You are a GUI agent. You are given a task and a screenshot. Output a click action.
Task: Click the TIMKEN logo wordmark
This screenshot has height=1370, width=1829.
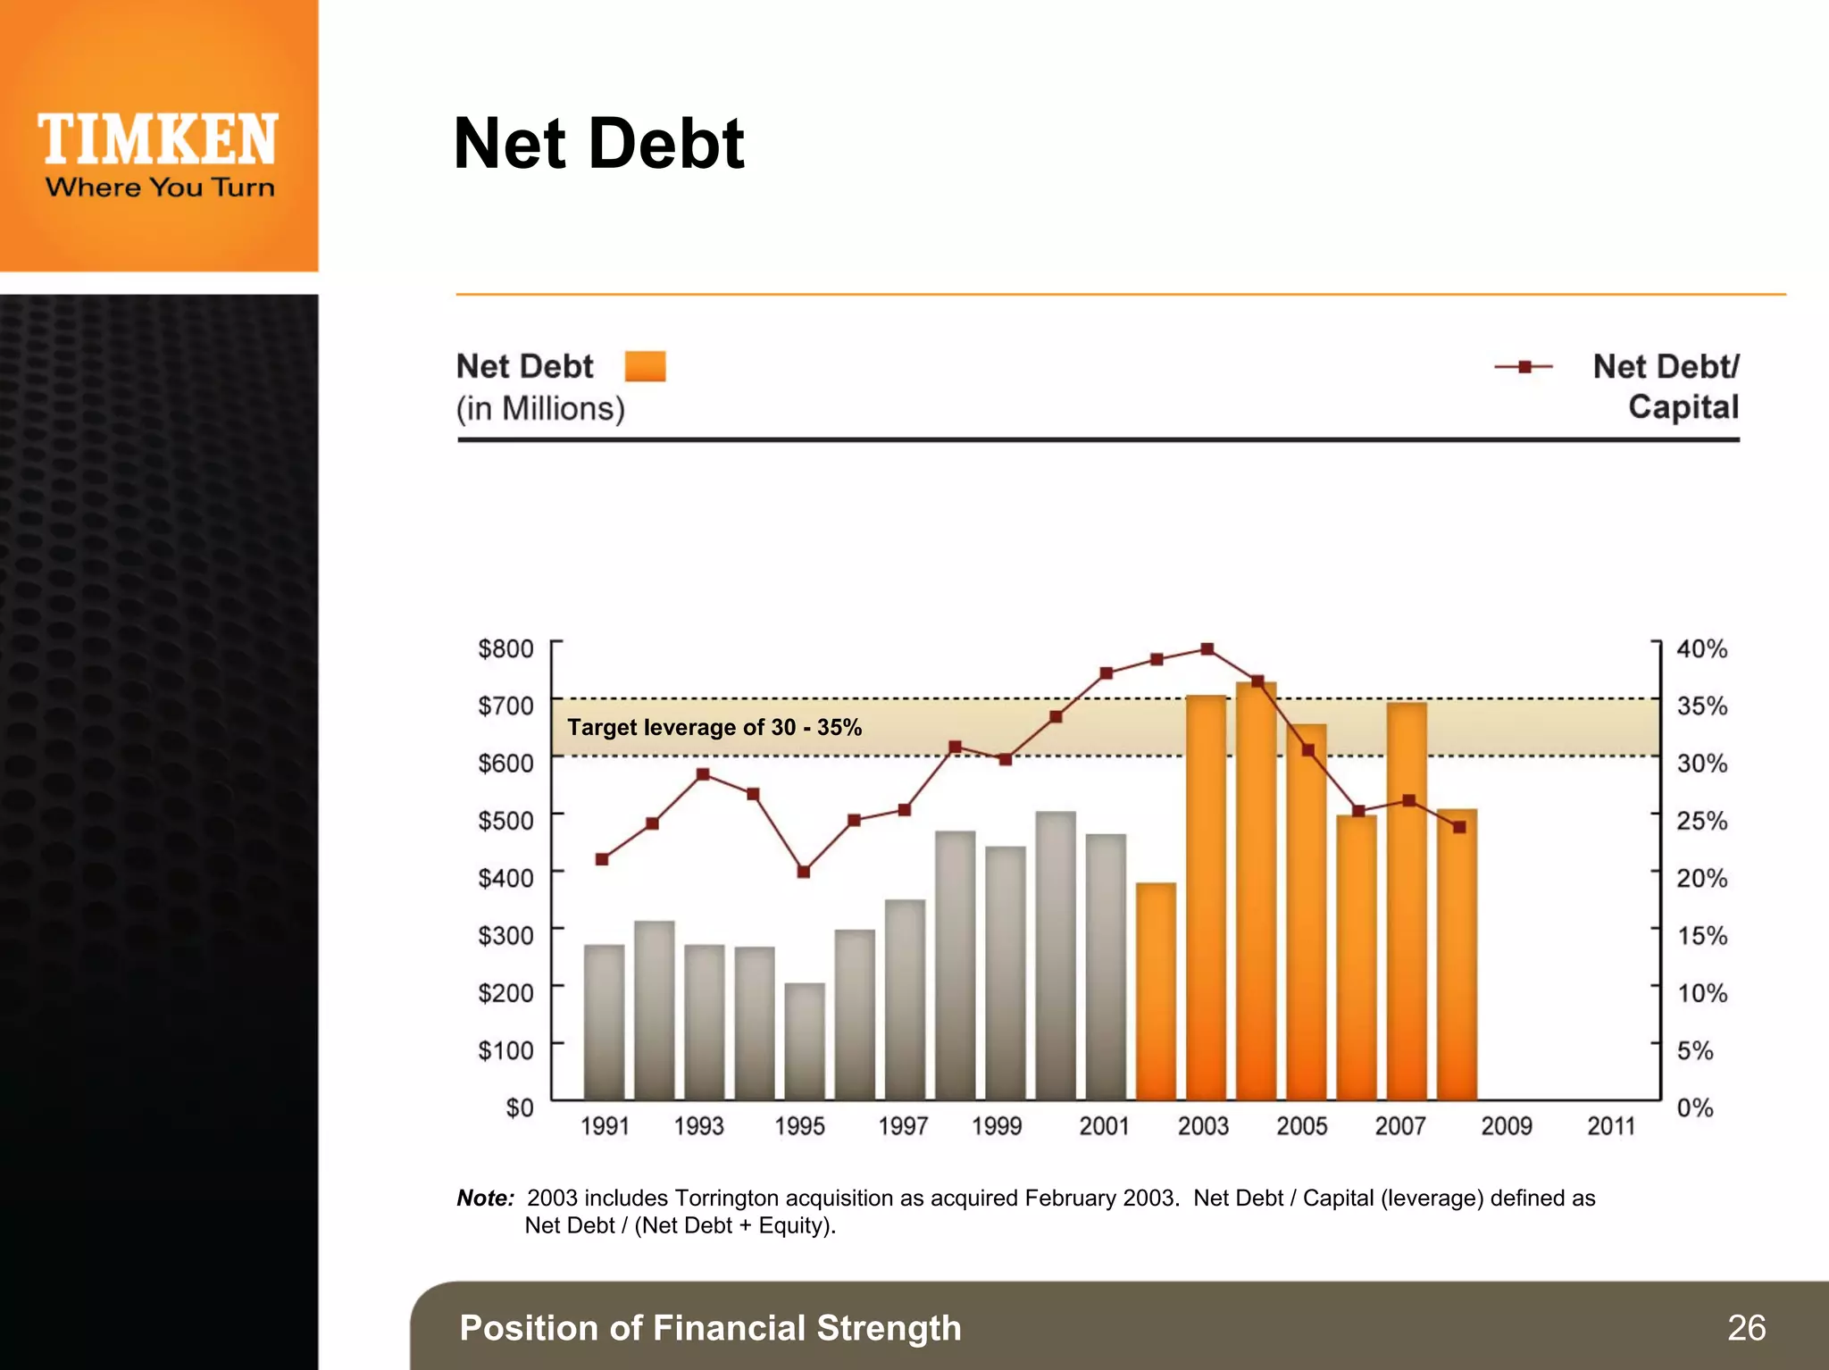(158, 140)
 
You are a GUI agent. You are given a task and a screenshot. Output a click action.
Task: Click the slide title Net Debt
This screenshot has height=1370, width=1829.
(598, 144)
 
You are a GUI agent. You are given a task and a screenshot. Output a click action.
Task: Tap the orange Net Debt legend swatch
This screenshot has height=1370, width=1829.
(645, 366)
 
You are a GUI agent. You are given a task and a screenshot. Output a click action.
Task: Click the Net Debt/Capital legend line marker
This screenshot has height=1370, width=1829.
(1524, 366)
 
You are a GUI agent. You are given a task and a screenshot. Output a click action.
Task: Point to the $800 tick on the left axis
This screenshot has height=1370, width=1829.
(505, 647)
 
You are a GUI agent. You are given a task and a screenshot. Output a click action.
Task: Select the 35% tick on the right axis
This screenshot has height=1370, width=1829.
(1701, 706)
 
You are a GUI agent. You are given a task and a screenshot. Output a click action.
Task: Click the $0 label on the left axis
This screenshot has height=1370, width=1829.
(519, 1107)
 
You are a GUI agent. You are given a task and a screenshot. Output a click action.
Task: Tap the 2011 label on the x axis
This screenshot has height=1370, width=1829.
(1610, 1126)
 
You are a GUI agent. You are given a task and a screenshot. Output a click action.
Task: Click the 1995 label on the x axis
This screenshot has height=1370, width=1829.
(799, 1126)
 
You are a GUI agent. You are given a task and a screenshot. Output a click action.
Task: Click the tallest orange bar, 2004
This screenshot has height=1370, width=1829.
(1256, 893)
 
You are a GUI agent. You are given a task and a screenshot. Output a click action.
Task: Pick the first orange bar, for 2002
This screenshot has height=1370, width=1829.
(1156, 991)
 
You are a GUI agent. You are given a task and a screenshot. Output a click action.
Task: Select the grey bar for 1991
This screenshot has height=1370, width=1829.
(604, 1023)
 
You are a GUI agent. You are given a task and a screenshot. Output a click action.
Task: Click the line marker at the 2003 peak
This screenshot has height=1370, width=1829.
(1207, 649)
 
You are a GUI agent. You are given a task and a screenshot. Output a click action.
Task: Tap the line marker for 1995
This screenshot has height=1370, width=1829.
(804, 872)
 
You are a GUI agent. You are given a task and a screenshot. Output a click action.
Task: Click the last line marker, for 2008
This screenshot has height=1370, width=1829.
(1459, 827)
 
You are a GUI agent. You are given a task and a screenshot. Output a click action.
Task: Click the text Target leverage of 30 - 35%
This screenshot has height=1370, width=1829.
(714, 727)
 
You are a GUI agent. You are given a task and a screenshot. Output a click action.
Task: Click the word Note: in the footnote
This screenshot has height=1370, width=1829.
(485, 1198)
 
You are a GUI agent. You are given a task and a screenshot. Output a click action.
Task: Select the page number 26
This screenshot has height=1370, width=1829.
(1746, 1328)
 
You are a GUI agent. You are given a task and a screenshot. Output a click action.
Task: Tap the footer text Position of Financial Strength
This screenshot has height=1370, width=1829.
(710, 1328)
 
